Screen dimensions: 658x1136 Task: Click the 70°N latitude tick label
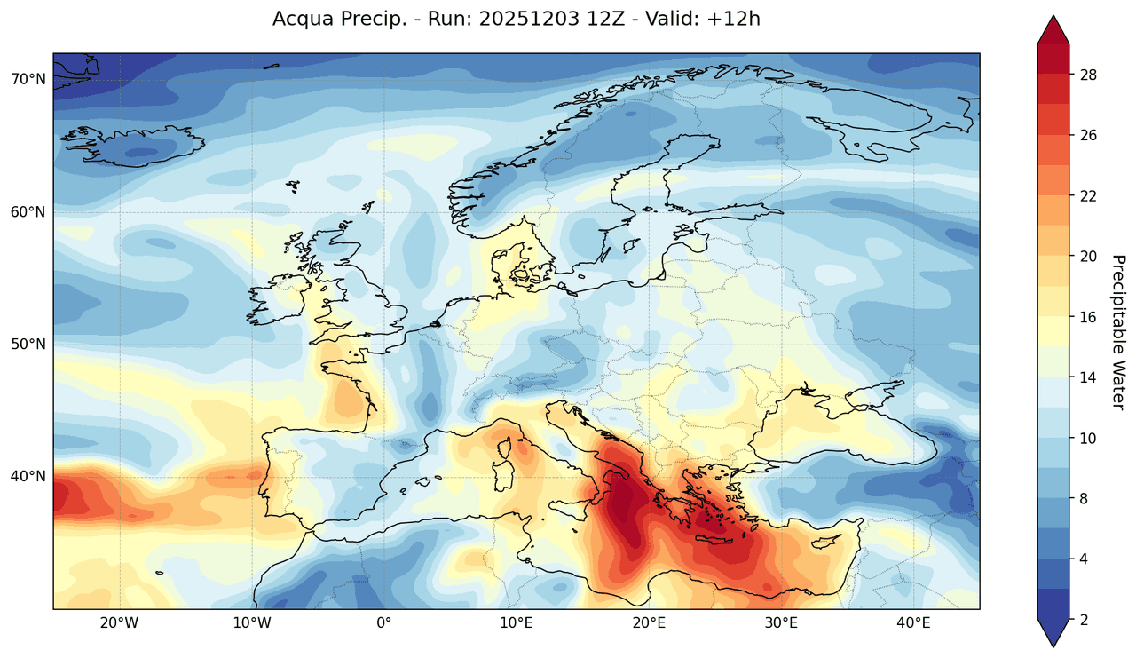tap(28, 79)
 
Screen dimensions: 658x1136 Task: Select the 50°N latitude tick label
tap(28, 344)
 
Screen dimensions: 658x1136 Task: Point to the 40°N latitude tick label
tap(28, 476)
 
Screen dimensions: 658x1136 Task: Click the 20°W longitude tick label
tap(119, 623)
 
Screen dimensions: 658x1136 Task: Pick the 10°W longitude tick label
tap(251, 623)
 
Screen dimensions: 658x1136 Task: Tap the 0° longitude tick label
tap(383, 623)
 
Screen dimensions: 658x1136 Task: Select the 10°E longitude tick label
tap(517, 623)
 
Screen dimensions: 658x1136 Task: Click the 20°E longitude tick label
tap(649, 623)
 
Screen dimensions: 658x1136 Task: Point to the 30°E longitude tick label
tap(781, 623)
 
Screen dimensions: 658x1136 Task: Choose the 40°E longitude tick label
tap(913, 623)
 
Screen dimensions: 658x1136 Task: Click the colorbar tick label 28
tap(1088, 75)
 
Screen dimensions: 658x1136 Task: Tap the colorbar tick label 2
tap(1084, 620)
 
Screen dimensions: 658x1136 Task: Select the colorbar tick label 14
tap(1088, 377)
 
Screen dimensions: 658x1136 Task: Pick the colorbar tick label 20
tap(1088, 257)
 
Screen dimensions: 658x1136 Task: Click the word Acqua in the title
tap(302, 19)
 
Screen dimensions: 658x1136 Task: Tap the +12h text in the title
tap(735, 19)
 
